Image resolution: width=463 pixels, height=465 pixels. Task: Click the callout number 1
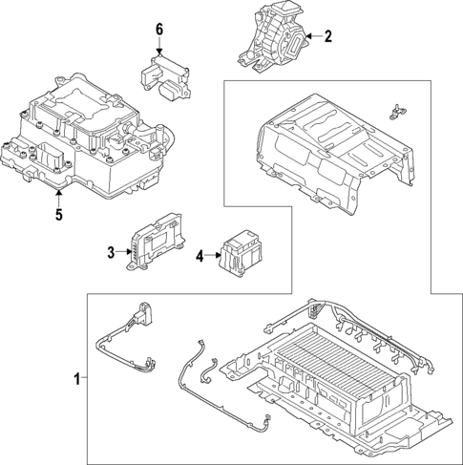click(77, 379)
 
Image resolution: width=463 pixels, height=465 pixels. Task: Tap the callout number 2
click(327, 37)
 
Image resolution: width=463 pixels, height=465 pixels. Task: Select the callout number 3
click(111, 252)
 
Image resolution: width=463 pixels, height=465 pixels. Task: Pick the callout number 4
click(200, 255)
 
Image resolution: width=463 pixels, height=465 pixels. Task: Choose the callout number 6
click(160, 31)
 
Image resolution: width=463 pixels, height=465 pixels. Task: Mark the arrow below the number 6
click(160, 48)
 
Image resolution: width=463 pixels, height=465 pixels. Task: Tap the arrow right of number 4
click(212, 255)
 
